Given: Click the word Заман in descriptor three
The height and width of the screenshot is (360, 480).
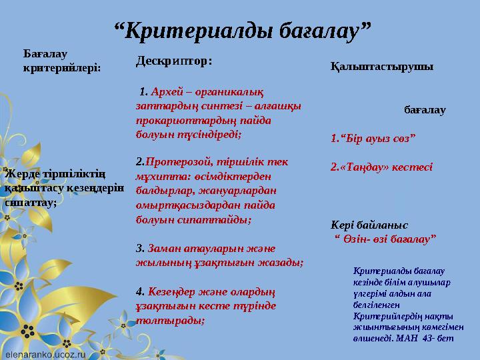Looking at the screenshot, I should point(164,248).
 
